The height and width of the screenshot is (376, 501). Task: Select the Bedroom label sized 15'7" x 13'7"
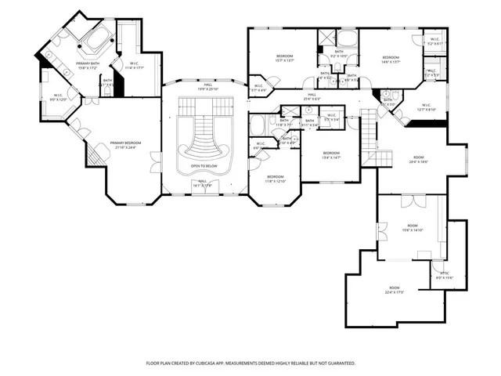click(x=284, y=57)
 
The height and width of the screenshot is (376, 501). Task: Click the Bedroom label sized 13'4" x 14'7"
click(x=332, y=154)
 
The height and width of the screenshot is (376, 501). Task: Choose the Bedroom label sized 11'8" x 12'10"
click(x=276, y=179)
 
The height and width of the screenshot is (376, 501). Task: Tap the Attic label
click(x=444, y=274)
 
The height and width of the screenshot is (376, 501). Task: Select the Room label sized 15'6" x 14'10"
click(x=412, y=228)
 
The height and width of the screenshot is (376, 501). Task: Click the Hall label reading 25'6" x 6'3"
click(x=311, y=96)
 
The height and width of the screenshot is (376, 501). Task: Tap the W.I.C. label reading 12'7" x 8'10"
click(x=427, y=107)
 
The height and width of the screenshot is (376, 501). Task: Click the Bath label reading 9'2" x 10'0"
click(x=339, y=55)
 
